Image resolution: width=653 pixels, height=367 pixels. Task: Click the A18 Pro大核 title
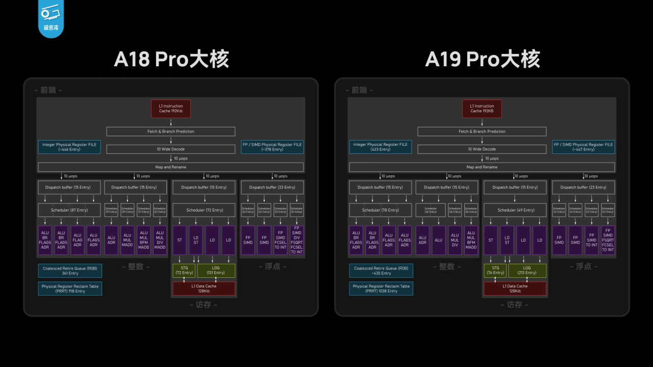tap(171, 60)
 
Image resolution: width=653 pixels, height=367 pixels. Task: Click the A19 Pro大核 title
tap(482, 60)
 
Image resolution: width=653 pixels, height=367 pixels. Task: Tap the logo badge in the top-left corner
tap(51, 19)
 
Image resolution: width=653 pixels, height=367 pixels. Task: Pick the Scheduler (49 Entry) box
tap(515, 210)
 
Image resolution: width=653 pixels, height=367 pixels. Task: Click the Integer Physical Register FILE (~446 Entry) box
tap(69, 147)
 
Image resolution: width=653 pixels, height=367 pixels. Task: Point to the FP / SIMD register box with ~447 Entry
tap(584, 147)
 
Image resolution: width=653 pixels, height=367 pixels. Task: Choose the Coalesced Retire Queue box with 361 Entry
tap(69, 271)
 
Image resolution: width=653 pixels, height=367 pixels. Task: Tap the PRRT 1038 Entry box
tap(381, 289)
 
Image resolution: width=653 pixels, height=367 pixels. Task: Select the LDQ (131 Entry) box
tap(216, 270)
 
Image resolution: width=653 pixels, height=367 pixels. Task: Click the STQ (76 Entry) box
tap(495, 270)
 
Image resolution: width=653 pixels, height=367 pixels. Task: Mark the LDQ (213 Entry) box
tap(527, 270)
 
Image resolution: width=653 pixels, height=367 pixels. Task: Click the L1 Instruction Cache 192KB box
tap(482, 109)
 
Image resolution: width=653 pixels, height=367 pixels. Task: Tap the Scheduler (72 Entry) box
tap(204, 210)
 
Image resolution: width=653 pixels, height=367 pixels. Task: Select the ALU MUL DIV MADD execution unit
tap(160, 240)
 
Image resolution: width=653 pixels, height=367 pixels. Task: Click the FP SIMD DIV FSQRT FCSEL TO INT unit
tap(296, 240)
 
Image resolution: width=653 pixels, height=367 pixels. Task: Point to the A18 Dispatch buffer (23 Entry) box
tap(272, 187)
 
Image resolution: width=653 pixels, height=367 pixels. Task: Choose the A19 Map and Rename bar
tap(482, 167)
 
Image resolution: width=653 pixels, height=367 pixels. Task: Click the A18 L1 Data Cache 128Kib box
tap(204, 289)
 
